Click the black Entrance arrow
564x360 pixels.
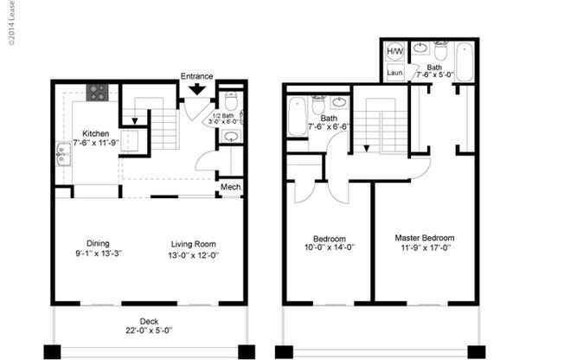[x=197, y=87]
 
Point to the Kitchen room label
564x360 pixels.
[x=95, y=133]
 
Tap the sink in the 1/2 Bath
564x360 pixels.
[x=230, y=137]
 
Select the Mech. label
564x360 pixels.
[x=230, y=187]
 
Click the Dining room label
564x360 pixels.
[x=97, y=243]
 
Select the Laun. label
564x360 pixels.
[x=394, y=73]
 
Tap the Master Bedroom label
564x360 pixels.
[x=424, y=238]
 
